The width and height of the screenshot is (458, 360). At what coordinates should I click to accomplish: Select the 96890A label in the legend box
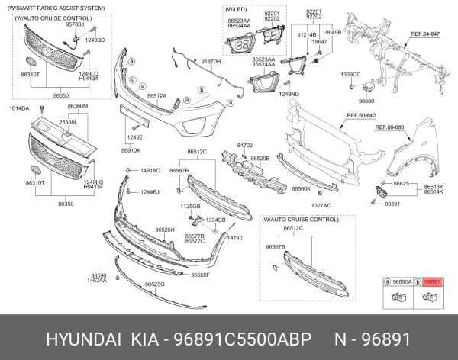point(402,281)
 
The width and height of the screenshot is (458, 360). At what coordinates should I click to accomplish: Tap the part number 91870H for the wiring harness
point(211,60)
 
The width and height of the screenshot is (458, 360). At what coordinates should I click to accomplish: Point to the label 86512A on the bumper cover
point(157,96)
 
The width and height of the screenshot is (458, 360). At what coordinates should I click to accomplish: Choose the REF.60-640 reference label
point(361,116)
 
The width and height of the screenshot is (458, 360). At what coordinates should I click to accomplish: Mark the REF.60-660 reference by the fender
point(389,127)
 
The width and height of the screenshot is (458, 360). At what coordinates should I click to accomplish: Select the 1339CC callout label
point(350,74)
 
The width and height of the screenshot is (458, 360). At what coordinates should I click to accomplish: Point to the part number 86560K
point(301,188)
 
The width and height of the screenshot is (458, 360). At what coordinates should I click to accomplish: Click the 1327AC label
point(321,205)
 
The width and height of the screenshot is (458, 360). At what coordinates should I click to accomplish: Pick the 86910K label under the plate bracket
point(131,150)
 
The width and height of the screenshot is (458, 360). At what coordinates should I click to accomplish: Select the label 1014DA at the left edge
point(19,109)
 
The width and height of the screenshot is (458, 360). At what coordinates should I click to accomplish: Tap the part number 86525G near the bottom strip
point(155,284)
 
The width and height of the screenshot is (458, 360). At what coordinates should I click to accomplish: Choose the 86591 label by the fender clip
point(392,204)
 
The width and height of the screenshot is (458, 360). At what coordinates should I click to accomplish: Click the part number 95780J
point(74,24)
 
